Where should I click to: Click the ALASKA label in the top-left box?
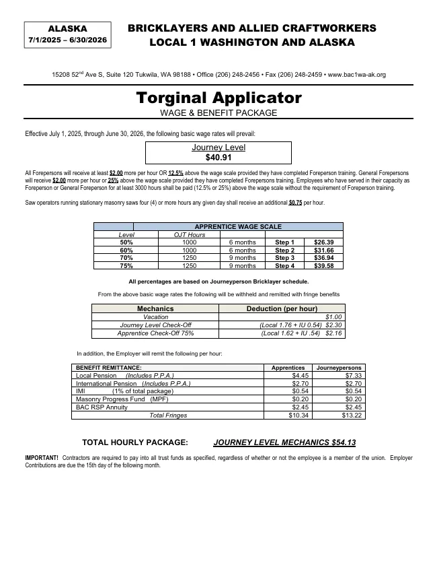coord(67,29)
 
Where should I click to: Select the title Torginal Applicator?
coord(218,98)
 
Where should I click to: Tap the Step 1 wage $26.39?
coord(324,242)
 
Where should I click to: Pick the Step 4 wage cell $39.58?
coord(324,266)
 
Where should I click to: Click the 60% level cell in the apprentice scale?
coord(126,251)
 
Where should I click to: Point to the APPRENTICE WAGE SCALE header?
coord(237,227)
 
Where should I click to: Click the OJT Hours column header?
coord(190,234)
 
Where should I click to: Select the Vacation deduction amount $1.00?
coord(333,316)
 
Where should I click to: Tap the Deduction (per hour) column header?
coord(282,308)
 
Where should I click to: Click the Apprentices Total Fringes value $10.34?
coord(299,415)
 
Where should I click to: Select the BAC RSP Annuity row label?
coord(102,407)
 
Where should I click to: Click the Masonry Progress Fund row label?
coord(122,399)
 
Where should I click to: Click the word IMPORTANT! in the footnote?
coord(42,458)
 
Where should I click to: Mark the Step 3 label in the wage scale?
coord(284,258)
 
